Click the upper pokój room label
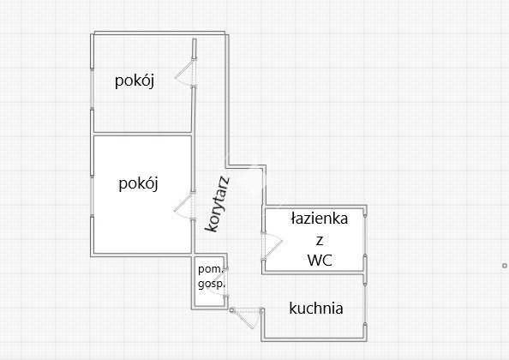click(135, 81)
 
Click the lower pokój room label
click(138, 183)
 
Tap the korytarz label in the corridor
click(217, 204)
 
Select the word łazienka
click(319, 219)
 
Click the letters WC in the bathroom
click(320, 261)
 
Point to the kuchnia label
click(316, 309)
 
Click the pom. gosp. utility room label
click(212, 277)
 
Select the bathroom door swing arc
click(272, 246)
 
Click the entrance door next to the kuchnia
click(247, 318)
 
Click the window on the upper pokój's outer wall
click(93, 88)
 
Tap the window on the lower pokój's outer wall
click(93, 196)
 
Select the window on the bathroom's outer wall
click(365, 236)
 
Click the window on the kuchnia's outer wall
click(365, 304)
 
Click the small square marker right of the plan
click(505, 266)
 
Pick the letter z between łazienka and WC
click(320, 241)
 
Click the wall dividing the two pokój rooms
click(142, 134)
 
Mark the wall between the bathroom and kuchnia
click(314, 273)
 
